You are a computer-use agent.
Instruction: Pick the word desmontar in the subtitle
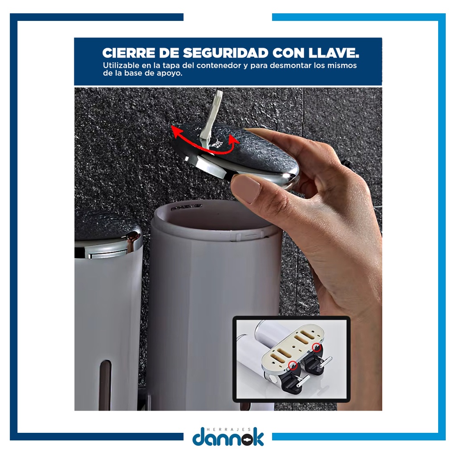[x=291, y=65]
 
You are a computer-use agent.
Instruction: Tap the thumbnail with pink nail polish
[x=246, y=189]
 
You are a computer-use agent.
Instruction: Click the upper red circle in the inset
[x=317, y=347]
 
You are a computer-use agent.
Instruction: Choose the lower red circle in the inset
[x=293, y=365]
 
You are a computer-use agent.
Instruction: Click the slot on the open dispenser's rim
[x=187, y=208]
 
